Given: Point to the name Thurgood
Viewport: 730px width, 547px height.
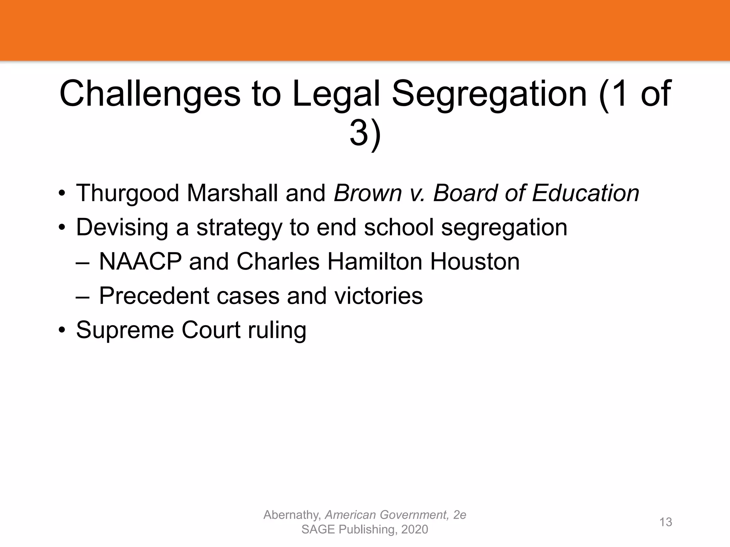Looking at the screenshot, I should click(127, 193).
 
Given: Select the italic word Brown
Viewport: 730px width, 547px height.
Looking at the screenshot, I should click(367, 193).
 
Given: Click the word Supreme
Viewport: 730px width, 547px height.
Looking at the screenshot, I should click(125, 330).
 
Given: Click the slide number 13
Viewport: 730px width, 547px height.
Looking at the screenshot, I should click(665, 522).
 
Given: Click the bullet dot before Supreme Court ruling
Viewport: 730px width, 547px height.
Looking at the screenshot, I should click(62, 330).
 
